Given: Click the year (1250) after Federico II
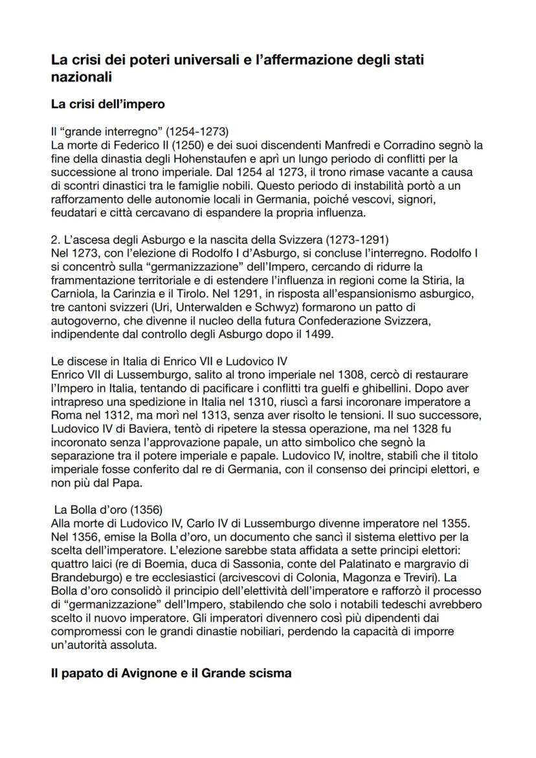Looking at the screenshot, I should tap(167, 145).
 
